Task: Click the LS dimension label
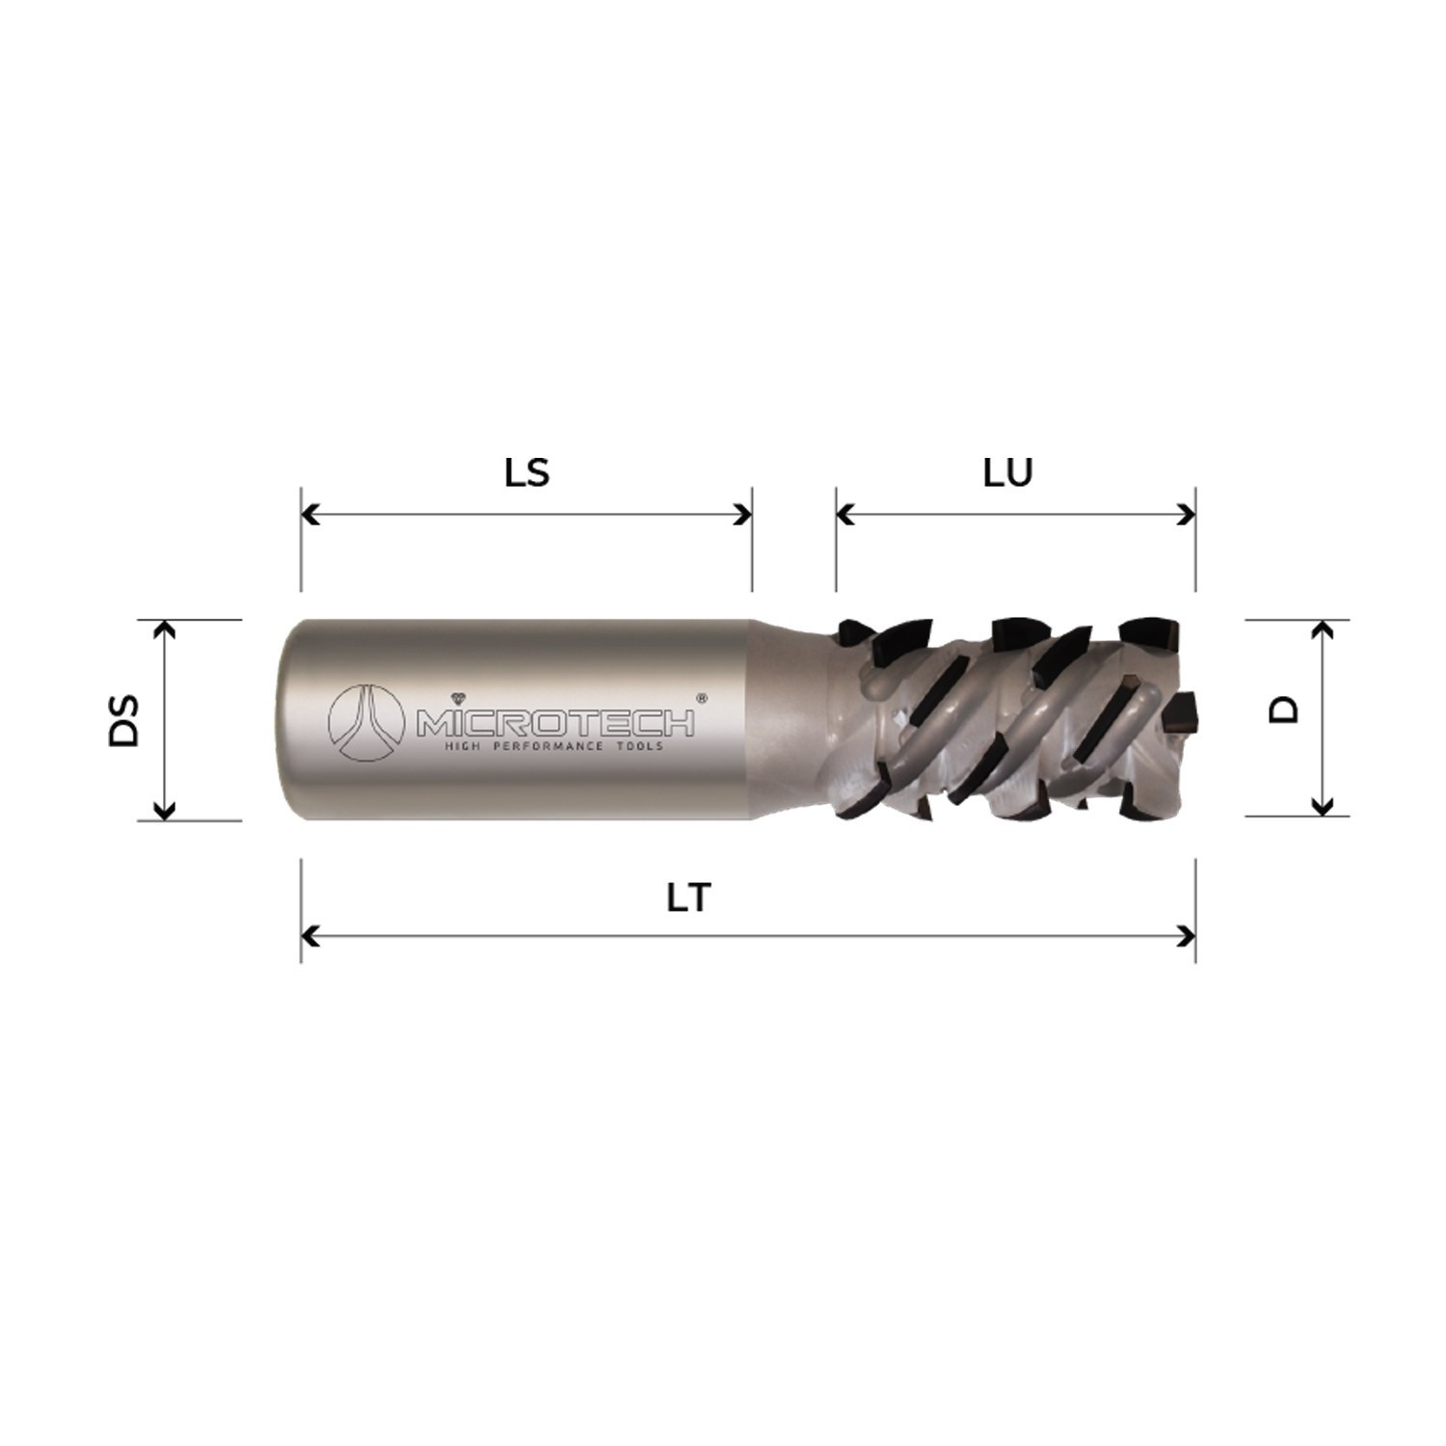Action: [526, 472]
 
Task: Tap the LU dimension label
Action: [1007, 472]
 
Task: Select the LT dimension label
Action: [688, 898]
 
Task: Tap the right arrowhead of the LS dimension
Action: [743, 515]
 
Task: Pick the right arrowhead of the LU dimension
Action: [1187, 515]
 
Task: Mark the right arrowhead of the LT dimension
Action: [1187, 936]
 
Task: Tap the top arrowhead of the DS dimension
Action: [166, 629]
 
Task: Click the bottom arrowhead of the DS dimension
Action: [166, 811]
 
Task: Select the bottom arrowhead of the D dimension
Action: [1323, 806]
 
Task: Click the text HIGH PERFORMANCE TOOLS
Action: [552, 747]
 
